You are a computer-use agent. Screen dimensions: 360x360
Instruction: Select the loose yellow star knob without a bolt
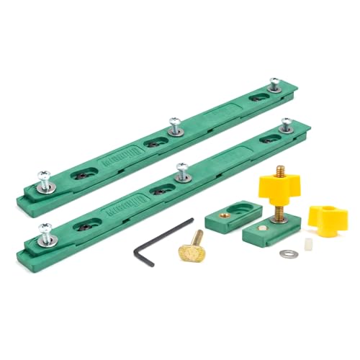point(328,217)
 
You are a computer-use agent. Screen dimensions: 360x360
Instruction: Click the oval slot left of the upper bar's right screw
point(257,96)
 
